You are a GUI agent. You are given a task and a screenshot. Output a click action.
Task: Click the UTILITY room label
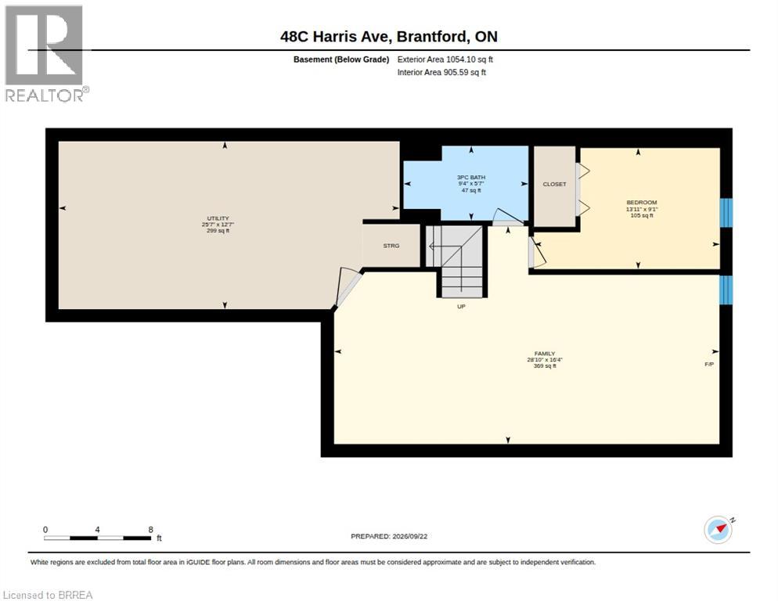[218, 218]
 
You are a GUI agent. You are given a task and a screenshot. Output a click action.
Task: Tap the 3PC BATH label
[471, 177]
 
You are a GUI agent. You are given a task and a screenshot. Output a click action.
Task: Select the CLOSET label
[554, 184]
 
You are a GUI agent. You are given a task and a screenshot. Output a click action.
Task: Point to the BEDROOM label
[642, 203]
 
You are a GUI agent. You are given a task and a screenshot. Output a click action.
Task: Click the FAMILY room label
[544, 354]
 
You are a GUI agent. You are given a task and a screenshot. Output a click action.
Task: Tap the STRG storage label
[391, 246]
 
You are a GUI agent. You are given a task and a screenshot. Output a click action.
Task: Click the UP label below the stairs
[461, 307]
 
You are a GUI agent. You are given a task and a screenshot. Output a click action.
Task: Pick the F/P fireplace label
[709, 364]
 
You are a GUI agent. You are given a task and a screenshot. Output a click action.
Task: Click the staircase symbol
[455, 261]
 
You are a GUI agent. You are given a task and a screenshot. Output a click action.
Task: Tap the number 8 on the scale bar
[150, 530]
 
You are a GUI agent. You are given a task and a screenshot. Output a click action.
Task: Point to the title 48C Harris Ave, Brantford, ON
[389, 37]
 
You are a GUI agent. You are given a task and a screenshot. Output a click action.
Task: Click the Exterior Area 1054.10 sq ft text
[445, 59]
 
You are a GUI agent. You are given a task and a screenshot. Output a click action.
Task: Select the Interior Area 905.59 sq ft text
[441, 73]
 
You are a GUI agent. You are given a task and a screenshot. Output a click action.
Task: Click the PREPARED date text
[389, 537]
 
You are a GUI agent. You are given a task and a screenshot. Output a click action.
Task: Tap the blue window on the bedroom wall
[726, 213]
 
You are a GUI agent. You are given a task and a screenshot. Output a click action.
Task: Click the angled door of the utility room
[347, 288]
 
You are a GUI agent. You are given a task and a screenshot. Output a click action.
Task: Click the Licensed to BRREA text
[48, 595]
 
